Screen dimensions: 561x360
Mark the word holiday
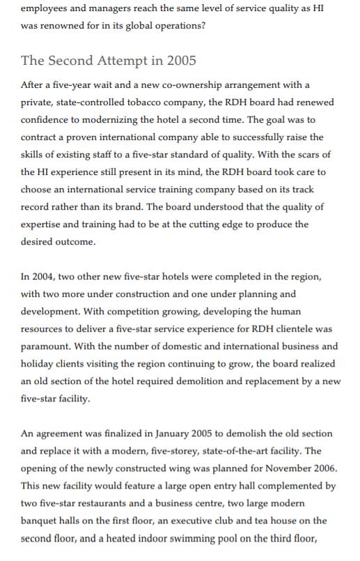click(x=39, y=364)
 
